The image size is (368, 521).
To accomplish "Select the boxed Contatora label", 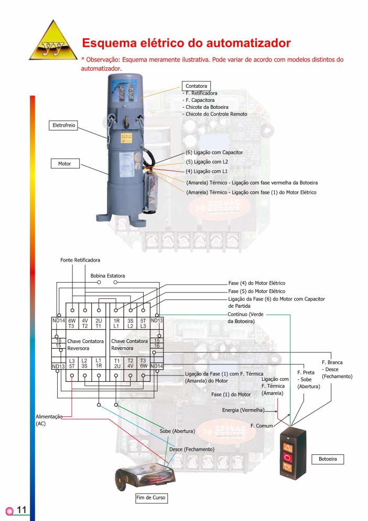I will pos(196,86).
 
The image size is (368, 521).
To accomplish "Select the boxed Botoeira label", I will pos(331,460).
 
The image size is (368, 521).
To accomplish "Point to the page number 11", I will pos(22,510).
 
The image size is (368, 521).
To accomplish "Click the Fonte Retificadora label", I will pos(80,260).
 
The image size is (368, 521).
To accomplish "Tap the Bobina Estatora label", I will pos(107,275).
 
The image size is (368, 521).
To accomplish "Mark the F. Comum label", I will pos(262,425).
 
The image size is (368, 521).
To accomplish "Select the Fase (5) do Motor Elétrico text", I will pos(256,291).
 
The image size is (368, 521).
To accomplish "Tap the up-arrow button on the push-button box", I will pos(287,447).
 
